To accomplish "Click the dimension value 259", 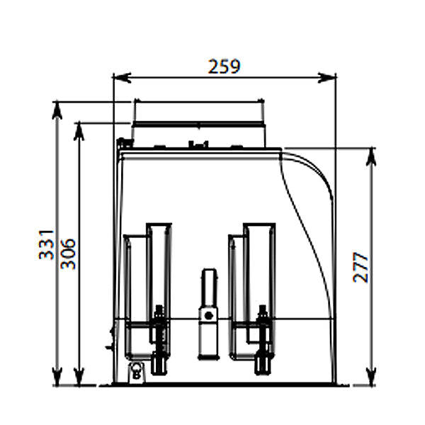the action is (x=224, y=67).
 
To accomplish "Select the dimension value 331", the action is (x=47, y=245).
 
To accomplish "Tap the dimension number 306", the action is (x=68, y=254).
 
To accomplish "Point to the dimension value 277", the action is (x=361, y=267).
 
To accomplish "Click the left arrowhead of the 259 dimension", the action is (x=122, y=77).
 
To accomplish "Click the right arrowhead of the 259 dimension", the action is (x=327, y=77).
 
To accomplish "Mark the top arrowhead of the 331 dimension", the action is (x=57, y=110).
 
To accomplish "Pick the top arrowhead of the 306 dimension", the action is (x=79, y=132).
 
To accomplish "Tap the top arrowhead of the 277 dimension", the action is (x=370, y=157).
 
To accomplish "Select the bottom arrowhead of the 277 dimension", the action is (x=370, y=376).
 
